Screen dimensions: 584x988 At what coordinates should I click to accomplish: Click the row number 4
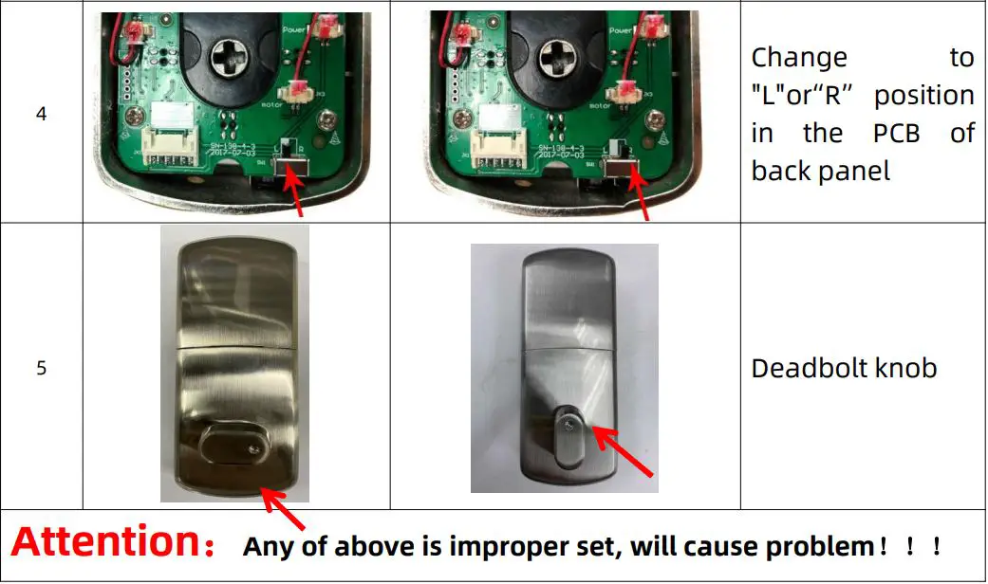[41, 114]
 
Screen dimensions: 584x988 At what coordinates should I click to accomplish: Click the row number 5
[41, 367]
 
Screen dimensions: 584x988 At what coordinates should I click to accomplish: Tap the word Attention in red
[110, 542]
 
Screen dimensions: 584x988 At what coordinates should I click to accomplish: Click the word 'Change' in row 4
[799, 58]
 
